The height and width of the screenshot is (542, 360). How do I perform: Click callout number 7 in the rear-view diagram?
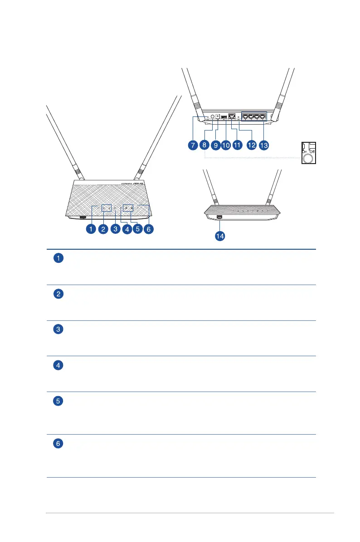(x=193, y=145)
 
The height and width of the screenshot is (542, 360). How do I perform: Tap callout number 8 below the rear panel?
(x=204, y=145)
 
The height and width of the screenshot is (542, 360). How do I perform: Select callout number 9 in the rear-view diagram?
(x=216, y=145)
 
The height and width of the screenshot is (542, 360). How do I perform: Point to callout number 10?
(x=226, y=145)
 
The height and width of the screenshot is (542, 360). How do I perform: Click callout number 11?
(x=238, y=145)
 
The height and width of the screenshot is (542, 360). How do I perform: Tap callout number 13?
(x=263, y=145)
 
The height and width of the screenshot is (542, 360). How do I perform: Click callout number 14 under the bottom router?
(x=220, y=237)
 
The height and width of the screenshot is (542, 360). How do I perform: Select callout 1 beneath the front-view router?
(x=91, y=229)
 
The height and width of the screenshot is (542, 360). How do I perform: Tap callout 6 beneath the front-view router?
(x=148, y=229)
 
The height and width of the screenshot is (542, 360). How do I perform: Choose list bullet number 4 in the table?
(x=58, y=365)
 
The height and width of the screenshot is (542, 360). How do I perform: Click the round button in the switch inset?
(x=308, y=158)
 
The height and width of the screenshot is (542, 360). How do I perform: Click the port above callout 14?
(x=219, y=218)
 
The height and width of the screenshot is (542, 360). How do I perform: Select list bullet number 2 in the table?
(x=58, y=294)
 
